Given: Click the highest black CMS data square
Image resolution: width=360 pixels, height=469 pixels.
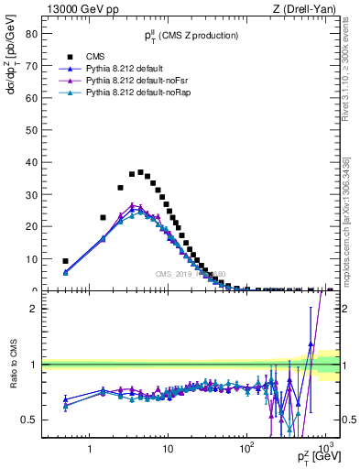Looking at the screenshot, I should click(140, 172).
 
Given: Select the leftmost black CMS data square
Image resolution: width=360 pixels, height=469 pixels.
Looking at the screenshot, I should click(65, 261).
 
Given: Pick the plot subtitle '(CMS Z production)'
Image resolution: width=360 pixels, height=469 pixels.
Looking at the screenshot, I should click(200, 36).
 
